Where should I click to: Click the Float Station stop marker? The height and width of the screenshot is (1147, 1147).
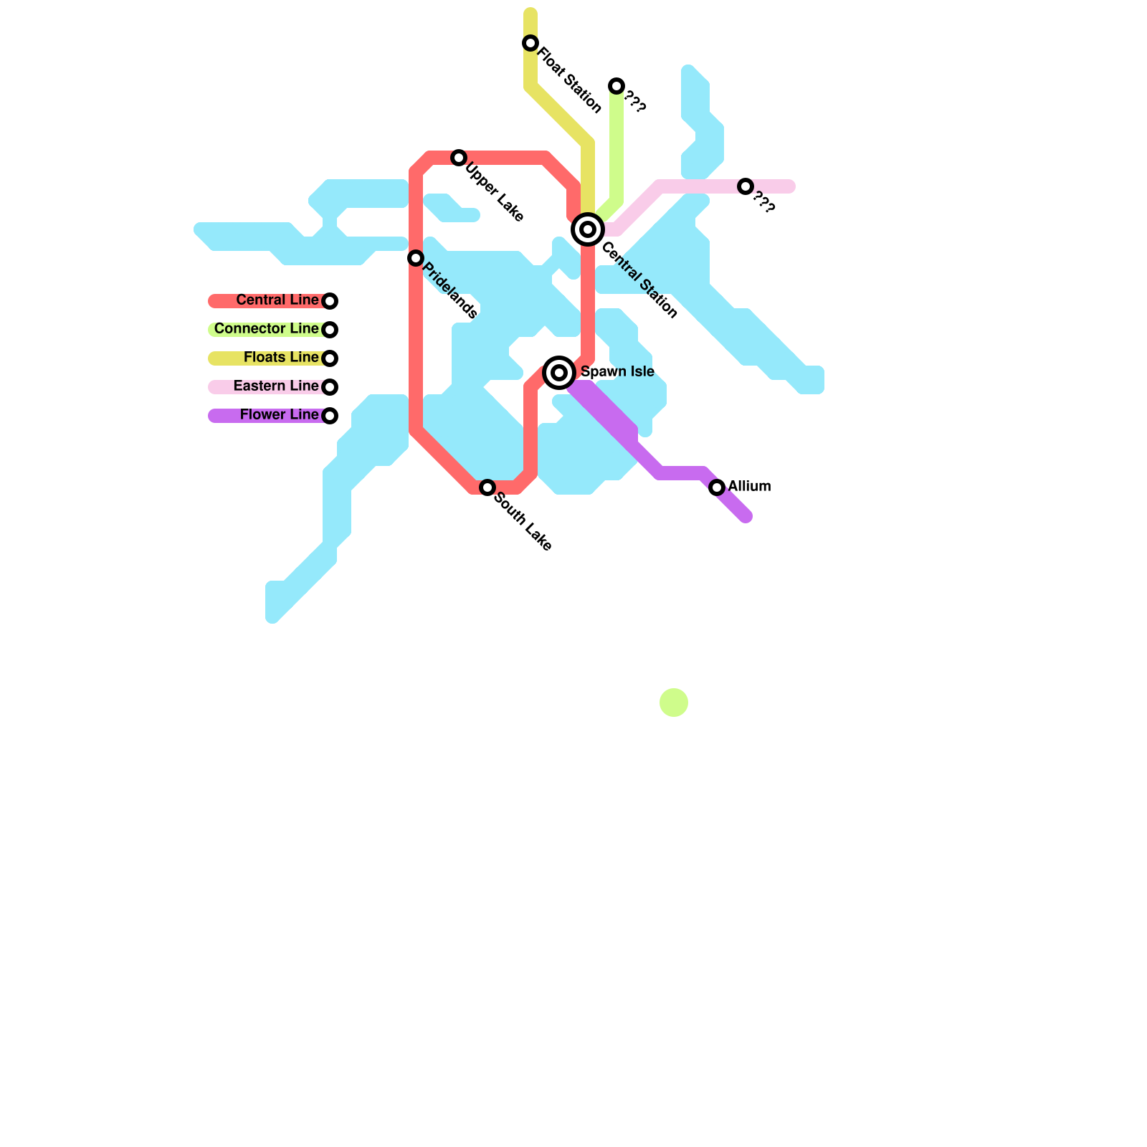[x=530, y=43]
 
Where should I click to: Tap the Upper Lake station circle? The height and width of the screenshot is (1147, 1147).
[x=459, y=158]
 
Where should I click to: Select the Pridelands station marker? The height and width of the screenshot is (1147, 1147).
[x=416, y=258]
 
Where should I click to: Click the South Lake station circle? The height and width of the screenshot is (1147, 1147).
[x=487, y=487]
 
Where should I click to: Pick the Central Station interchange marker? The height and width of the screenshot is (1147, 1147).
[x=588, y=229]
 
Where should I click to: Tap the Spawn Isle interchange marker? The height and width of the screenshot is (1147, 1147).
[x=559, y=373]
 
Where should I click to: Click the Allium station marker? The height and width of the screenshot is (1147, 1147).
[x=717, y=487]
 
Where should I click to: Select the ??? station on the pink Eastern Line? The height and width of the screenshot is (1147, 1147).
[x=746, y=186]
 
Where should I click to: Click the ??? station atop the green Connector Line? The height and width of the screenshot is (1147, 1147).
[x=617, y=86]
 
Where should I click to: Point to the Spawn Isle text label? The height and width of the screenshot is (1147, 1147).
[x=617, y=371]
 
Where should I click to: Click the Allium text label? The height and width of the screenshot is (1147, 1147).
[x=749, y=486]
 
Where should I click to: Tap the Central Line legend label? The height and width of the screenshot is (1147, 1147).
[x=277, y=300]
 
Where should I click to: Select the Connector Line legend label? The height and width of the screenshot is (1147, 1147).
[x=266, y=328]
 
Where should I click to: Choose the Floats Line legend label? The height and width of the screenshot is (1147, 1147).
[x=281, y=357]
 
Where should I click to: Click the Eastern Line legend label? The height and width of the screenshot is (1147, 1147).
[x=276, y=386]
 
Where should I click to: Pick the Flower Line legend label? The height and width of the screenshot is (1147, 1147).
[x=279, y=414]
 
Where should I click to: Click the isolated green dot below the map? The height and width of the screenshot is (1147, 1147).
[x=674, y=703]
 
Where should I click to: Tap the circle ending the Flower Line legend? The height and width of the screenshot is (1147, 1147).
[x=330, y=416]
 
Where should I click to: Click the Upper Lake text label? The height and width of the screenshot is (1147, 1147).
[x=495, y=192]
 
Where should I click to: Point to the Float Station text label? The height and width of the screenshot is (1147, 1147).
[x=570, y=80]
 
